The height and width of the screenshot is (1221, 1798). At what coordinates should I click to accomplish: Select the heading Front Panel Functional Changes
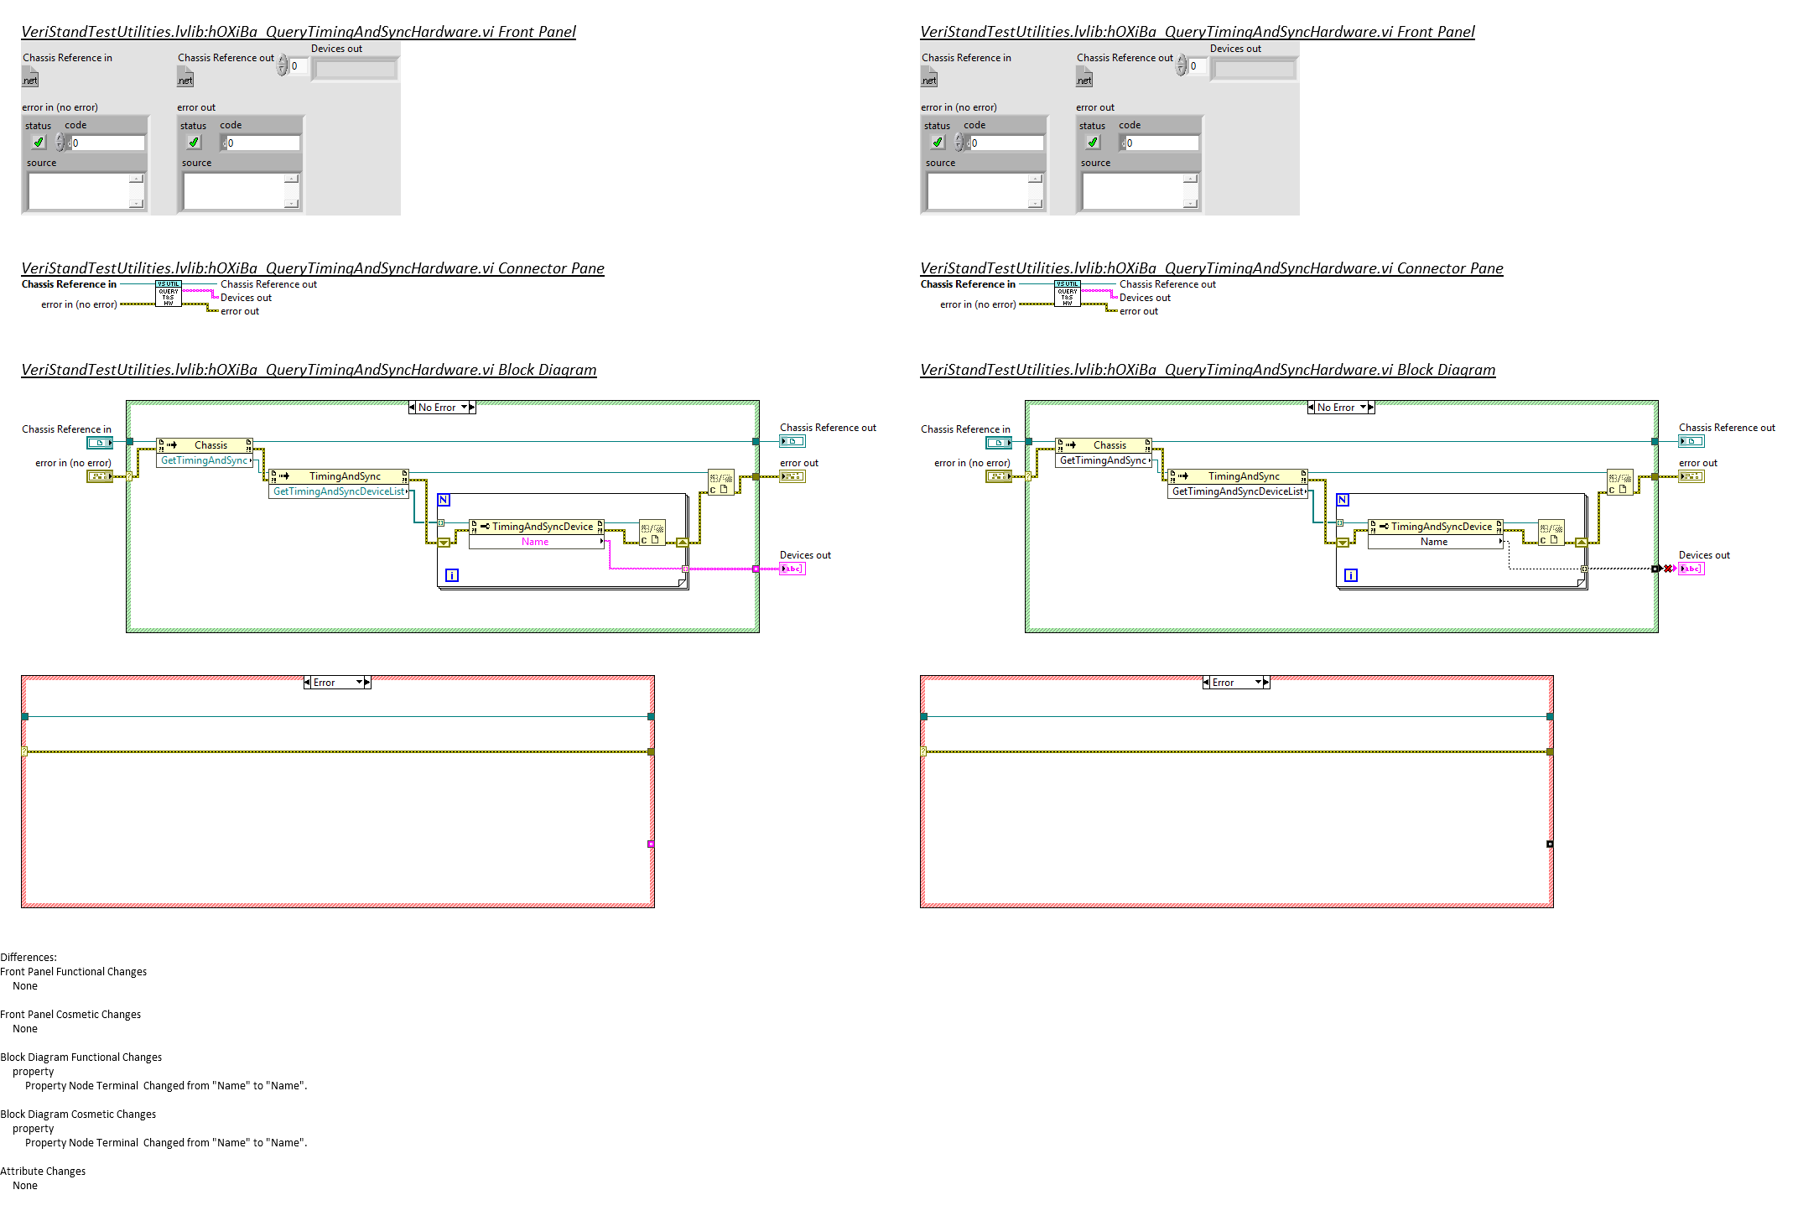coord(74,971)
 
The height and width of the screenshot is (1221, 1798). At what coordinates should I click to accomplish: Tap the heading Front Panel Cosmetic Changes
coord(70,1014)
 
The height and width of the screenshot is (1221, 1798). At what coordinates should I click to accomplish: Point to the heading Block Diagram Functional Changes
coord(81,1057)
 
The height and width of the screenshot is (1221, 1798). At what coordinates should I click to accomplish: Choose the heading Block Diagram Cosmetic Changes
coord(78,1114)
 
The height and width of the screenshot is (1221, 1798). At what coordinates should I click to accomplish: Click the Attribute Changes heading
coord(43,1171)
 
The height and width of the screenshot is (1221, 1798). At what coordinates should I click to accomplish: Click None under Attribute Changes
coord(25,1185)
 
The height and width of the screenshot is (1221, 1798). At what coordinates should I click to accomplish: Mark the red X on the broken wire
coord(1667,569)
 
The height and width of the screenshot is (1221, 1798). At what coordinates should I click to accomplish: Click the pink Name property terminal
coord(535,542)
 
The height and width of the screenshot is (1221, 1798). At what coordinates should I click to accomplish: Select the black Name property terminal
coord(1434,542)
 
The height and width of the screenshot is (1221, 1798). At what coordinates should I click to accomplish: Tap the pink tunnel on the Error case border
coord(651,844)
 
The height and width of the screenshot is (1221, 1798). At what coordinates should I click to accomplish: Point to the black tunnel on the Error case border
coord(1550,844)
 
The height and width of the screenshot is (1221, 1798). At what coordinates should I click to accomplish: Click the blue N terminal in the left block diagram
coord(444,500)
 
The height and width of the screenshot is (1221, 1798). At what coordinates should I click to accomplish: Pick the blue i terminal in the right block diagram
coord(1351,575)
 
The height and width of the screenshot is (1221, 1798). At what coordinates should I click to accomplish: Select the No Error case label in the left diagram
coord(437,408)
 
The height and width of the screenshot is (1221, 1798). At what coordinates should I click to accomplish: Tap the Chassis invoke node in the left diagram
coord(210,445)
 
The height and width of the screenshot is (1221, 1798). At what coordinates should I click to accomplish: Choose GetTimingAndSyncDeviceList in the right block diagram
coord(1238,491)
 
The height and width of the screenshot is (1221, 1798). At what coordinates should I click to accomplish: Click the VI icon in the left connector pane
coord(169,294)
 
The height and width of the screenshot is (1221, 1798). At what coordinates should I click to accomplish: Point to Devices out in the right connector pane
coord(1145,298)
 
